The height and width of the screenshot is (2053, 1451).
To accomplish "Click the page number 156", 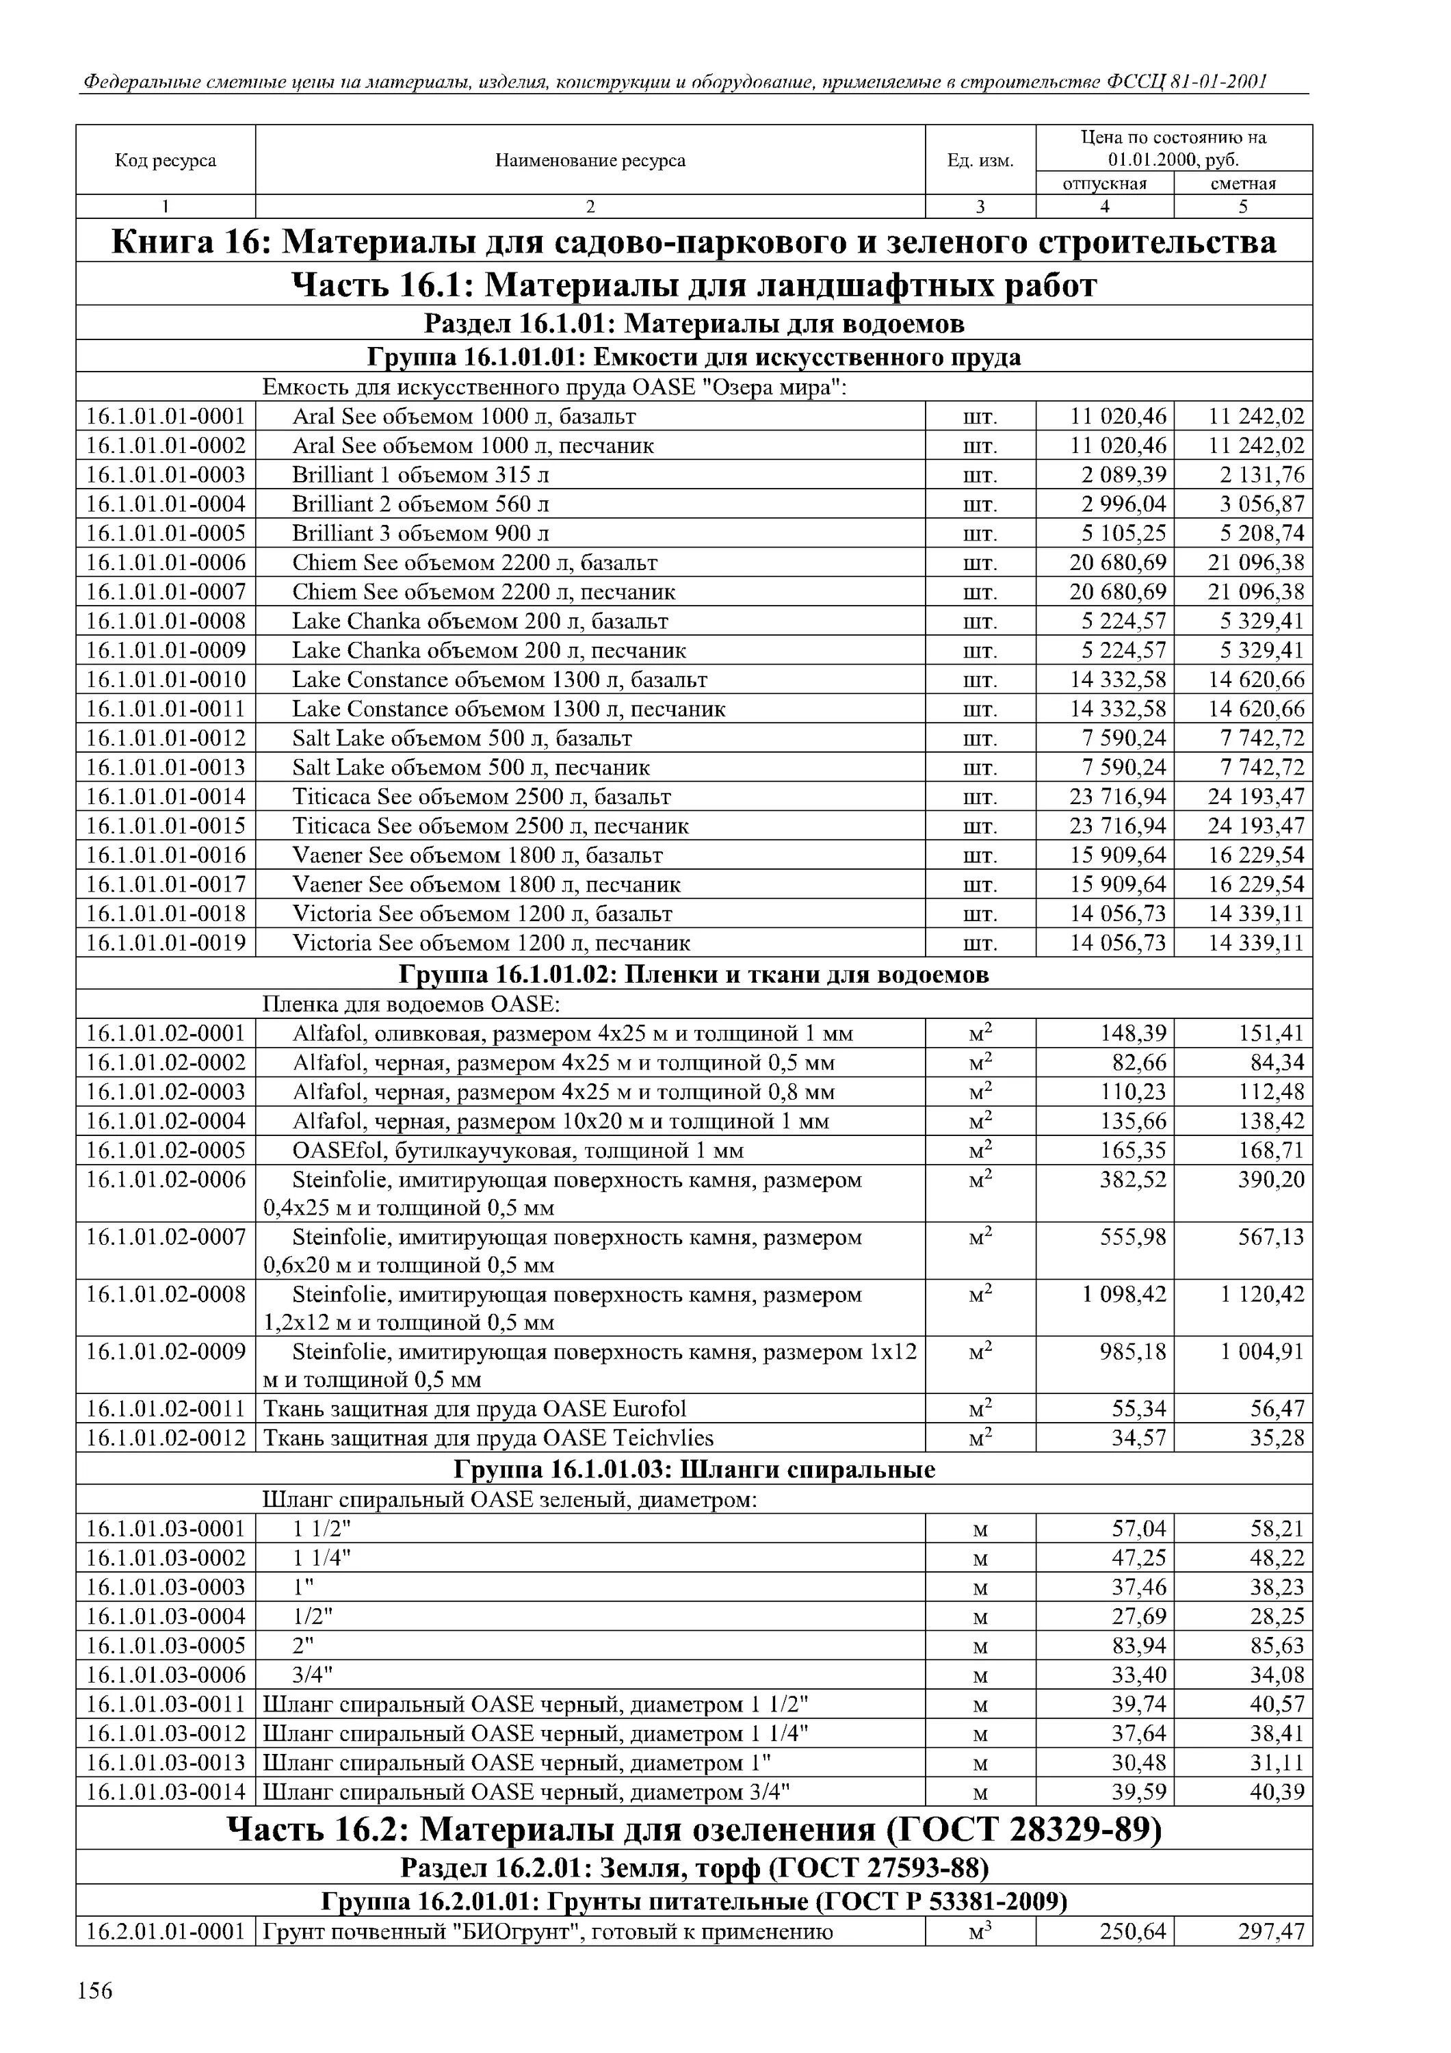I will pyautogui.click(x=95, y=1991).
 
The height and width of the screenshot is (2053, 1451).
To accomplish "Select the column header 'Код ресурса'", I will pyautogui.click(x=166, y=160).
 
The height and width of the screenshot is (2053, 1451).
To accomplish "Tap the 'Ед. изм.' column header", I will pyautogui.click(x=980, y=161).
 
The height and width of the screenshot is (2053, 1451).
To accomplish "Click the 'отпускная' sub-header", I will pyautogui.click(x=1104, y=183).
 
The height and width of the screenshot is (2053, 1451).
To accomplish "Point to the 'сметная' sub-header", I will pyautogui.click(x=1243, y=183).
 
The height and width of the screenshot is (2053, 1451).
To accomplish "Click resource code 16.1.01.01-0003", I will pyautogui.click(x=166, y=475).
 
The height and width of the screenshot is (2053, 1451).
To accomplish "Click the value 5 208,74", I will pyautogui.click(x=1262, y=534).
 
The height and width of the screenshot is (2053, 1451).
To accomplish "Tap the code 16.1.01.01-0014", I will pyautogui.click(x=166, y=797).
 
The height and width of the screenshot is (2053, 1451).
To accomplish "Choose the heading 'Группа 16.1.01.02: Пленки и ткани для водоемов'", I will pyautogui.click(x=694, y=974).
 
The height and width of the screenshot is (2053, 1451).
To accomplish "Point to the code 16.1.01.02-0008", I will pyautogui.click(x=166, y=1294).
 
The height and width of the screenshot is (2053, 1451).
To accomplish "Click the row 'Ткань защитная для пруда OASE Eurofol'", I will pyautogui.click(x=475, y=1409).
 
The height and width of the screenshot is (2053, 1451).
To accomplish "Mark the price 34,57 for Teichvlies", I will pyautogui.click(x=1139, y=1438).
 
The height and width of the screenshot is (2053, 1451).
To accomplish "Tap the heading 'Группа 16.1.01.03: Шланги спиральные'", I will pyautogui.click(x=694, y=1470).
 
